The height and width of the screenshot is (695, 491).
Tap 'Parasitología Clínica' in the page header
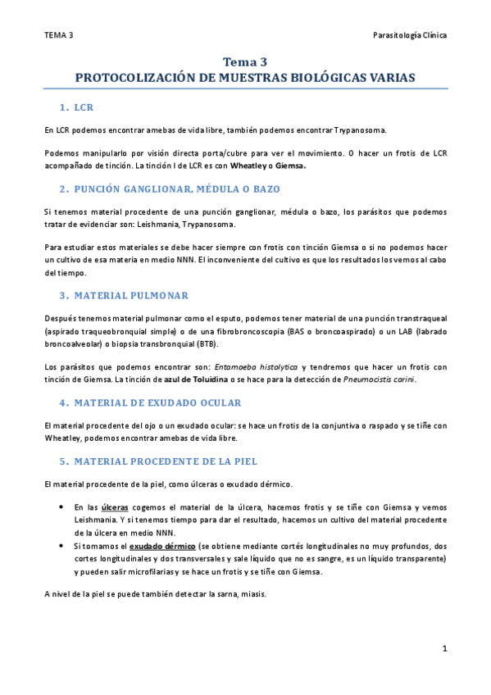click(410, 35)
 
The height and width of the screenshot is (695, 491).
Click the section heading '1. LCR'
click(81, 107)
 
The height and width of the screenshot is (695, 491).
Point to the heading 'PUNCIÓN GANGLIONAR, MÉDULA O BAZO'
click(176, 189)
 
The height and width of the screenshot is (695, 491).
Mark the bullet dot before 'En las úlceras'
click(62, 507)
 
